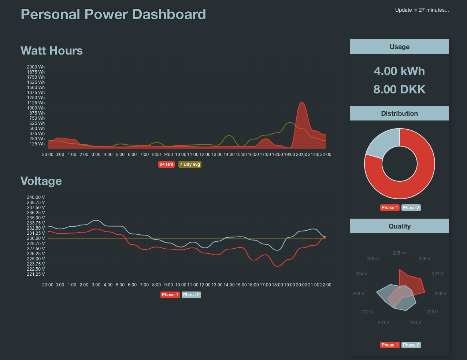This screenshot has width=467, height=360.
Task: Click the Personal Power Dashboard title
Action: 113,14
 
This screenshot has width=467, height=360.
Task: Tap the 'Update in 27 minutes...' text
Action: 422,10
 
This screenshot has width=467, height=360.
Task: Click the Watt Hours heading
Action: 52,51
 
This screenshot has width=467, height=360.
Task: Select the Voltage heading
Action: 41,181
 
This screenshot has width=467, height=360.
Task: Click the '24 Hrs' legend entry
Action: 166,164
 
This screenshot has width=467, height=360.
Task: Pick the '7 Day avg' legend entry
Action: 190,164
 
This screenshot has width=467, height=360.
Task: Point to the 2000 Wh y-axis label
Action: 36,67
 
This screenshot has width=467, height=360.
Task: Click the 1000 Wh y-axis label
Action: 36,108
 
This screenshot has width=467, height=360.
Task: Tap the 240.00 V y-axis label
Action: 36,197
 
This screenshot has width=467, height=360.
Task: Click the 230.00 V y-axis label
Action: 36,238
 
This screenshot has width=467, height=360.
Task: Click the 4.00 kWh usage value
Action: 399,71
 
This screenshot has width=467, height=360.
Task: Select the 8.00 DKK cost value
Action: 399,89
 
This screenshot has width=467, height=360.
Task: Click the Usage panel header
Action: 399,47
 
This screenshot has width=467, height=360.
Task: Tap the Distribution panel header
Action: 399,114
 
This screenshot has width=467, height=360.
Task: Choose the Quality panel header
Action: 399,226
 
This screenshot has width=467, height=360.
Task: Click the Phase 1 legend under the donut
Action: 389,208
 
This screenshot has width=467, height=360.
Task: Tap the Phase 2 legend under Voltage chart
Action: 191,295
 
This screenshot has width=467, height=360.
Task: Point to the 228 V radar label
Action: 440,294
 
